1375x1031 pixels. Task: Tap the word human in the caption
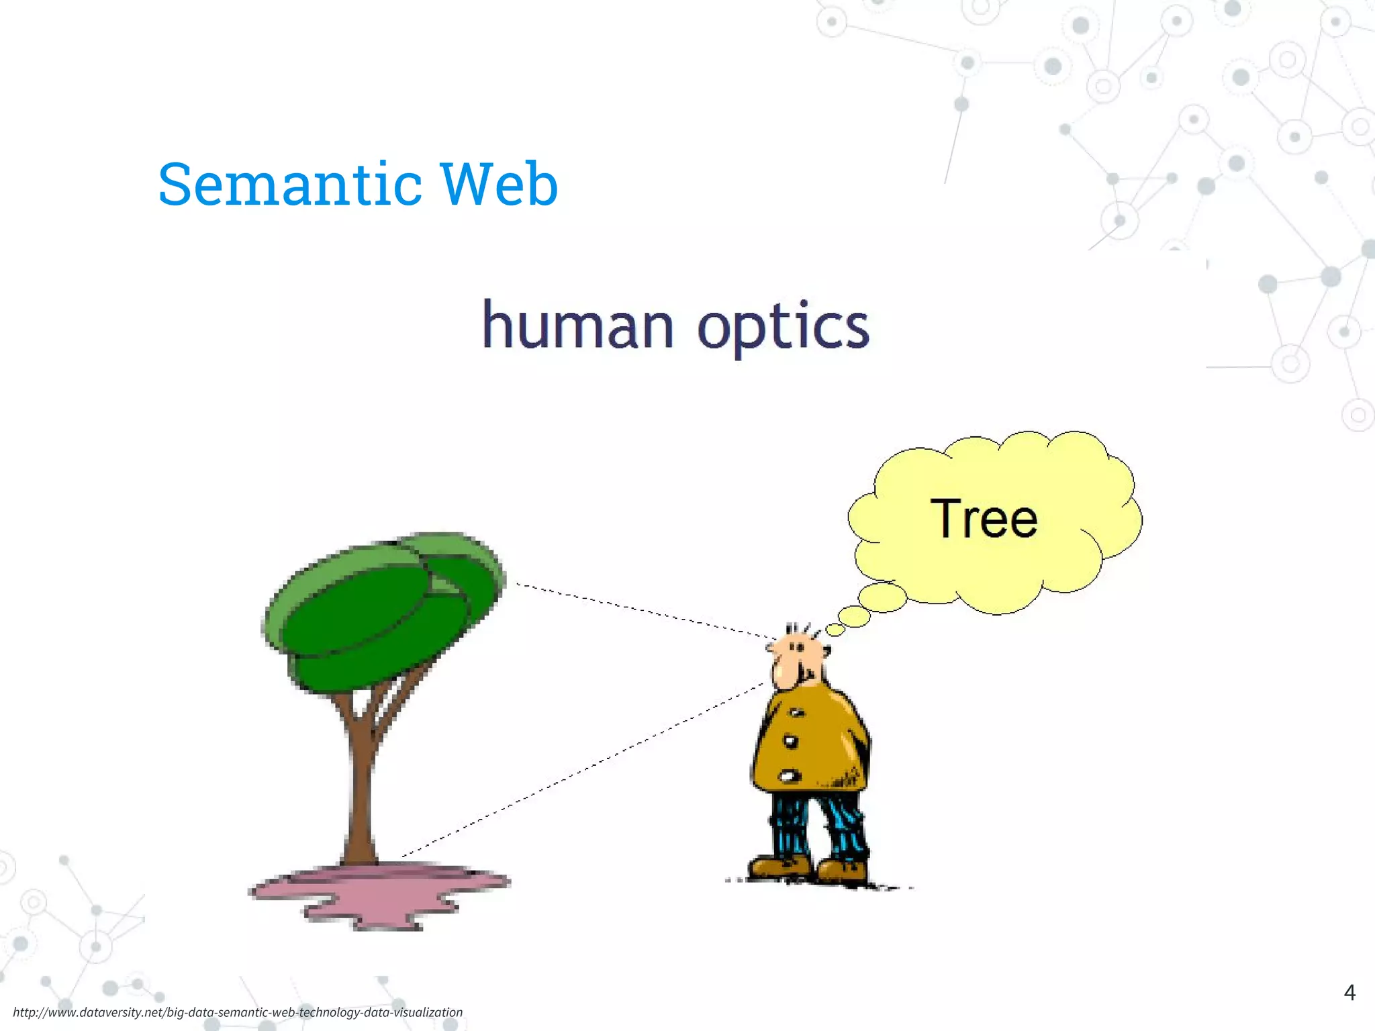pyautogui.click(x=577, y=326)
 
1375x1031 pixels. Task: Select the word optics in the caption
pyautogui.click(x=783, y=328)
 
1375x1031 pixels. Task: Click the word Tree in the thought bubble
pyautogui.click(x=984, y=518)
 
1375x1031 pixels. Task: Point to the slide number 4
pyautogui.click(x=1349, y=992)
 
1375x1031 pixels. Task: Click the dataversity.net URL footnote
pyautogui.click(x=238, y=1012)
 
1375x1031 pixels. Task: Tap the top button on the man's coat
pyautogui.click(x=797, y=713)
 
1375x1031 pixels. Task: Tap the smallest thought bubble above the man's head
pyautogui.click(x=835, y=629)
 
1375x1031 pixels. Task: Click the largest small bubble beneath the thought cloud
pyautogui.click(x=883, y=597)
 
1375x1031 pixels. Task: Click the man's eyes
pyautogui.click(x=797, y=647)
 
